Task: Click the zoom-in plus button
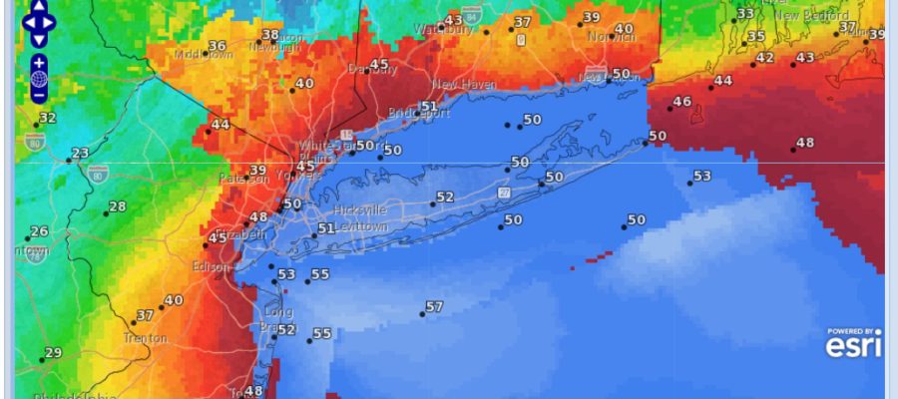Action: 39,63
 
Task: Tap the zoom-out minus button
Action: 39,96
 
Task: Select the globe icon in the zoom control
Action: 39,79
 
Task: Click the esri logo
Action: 853,345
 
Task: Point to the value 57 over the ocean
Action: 434,307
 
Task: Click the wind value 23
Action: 81,154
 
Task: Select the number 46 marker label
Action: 682,102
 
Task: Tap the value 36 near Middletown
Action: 217,47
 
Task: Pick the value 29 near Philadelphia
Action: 53,353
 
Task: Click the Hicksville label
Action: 363,212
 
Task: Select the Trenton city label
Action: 144,338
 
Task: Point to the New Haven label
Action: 464,85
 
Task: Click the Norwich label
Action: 611,37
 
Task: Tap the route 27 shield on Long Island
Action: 506,192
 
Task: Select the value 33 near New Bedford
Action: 745,14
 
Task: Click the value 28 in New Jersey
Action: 118,206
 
